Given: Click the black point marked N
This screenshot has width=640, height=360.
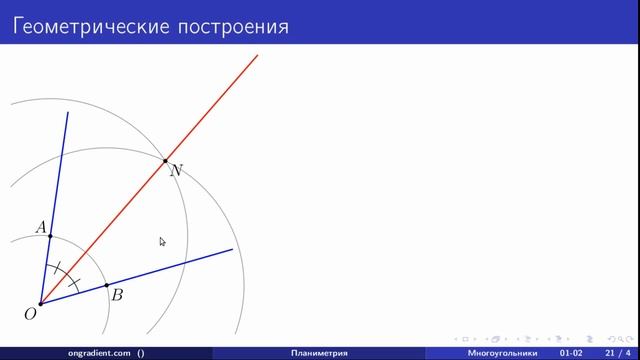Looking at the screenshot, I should click(165, 160).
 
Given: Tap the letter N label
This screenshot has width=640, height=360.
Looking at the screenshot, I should click(176, 171).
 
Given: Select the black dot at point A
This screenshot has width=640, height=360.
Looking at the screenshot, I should click(50, 236).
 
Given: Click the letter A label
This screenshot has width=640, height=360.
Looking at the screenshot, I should click(41, 228).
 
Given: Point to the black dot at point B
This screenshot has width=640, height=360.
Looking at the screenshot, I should click(107, 285).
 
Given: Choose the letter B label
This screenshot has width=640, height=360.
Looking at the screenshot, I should click(117, 295).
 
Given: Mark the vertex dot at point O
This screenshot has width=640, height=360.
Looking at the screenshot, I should click(40, 304).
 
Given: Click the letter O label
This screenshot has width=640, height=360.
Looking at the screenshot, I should click(30, 314).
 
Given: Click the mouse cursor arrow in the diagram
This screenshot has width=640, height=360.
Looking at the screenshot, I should click(162, 241).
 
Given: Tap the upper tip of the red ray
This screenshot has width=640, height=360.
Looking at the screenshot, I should click(258, 54).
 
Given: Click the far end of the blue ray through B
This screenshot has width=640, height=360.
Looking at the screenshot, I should click(232, 249).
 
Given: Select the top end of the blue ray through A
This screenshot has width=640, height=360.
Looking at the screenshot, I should click(67, 113).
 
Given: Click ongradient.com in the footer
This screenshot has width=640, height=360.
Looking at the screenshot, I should click(100, 353).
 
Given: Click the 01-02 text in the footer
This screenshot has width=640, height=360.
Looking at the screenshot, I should click(572, 353).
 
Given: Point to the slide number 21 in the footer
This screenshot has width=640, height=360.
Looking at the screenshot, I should click(610, 353).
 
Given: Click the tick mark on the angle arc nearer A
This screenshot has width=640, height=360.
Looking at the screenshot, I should click(60, 269).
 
